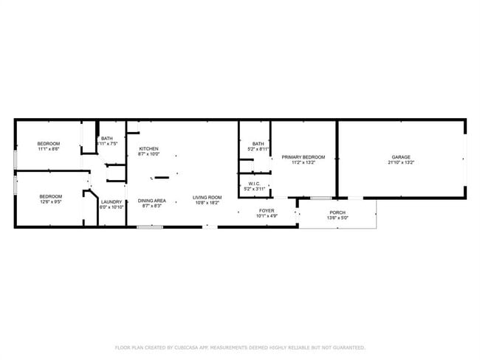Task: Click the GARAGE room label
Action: click(401, 157)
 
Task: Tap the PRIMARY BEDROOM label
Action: click(303, 157)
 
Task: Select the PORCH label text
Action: click(337, 212)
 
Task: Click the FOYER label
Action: click(266, 211)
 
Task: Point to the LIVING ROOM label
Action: click(208, 197)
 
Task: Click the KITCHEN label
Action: click(148, 149)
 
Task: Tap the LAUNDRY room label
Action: click(111, 202)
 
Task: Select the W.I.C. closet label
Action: click(254, 184)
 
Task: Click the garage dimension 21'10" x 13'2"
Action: click(401, 162)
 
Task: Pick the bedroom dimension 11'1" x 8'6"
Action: click(48, 149)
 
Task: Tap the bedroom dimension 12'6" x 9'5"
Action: click(49, 201)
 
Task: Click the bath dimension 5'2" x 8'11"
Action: click(258, 149)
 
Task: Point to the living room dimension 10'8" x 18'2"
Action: click(208, 203)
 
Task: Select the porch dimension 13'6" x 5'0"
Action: click(337, 218)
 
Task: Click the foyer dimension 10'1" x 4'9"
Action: click(266, 216)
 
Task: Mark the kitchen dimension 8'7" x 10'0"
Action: click(148, 154)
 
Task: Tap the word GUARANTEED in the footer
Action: click(346, 347)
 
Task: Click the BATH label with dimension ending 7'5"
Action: click(107, 139)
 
